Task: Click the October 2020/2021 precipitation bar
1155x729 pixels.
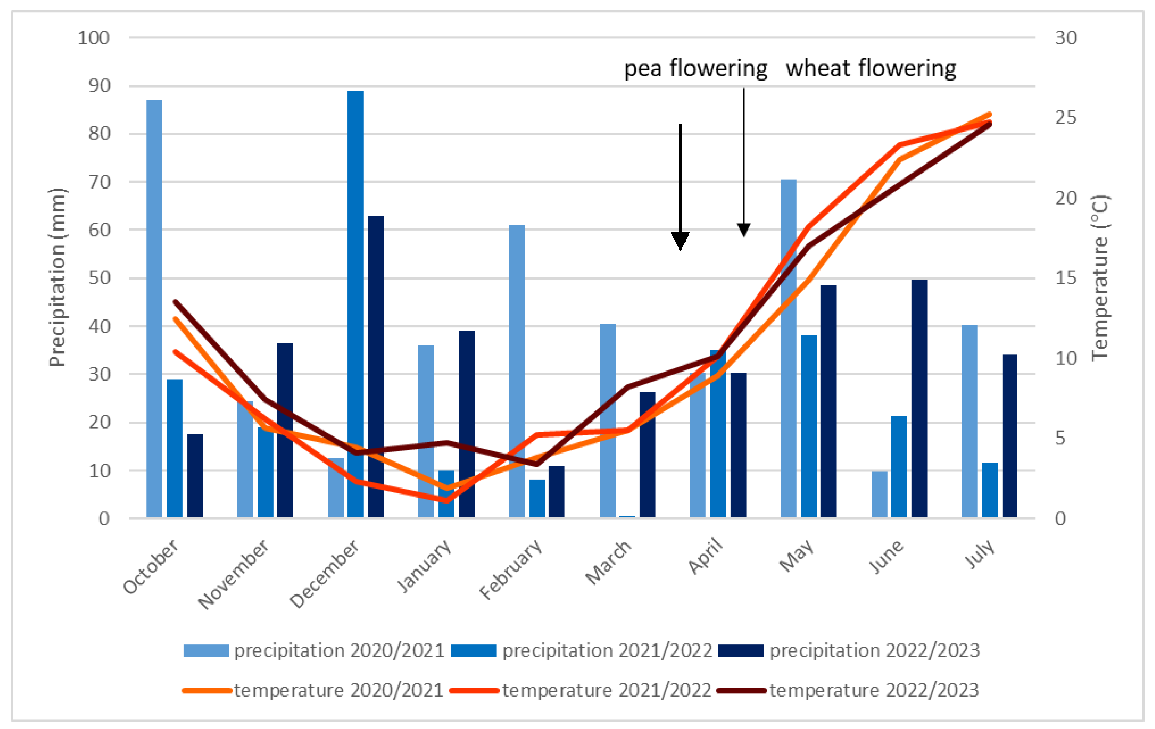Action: point(154,307)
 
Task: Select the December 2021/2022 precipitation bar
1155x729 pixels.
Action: point(355,302)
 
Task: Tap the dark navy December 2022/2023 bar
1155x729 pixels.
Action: point(375,364)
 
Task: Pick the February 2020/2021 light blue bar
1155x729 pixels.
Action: point(517,369)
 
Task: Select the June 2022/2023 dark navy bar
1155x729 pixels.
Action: point(919,398)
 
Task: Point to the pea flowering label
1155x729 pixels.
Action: point(695,69)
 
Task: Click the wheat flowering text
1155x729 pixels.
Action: point(871,69)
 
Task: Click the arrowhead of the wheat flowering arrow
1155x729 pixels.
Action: point(743,229)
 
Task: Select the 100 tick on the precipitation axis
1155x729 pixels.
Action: point(94,38)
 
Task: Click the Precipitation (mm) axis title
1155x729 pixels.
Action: point(57,277)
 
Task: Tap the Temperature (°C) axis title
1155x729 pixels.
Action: point(1099,277)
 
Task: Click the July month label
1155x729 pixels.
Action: point(980,554)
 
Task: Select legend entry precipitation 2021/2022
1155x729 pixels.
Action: point(607,651)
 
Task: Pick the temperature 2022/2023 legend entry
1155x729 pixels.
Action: point(874,691)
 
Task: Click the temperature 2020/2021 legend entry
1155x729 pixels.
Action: point(338,691)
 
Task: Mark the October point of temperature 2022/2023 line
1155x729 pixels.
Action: point(176,302)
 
